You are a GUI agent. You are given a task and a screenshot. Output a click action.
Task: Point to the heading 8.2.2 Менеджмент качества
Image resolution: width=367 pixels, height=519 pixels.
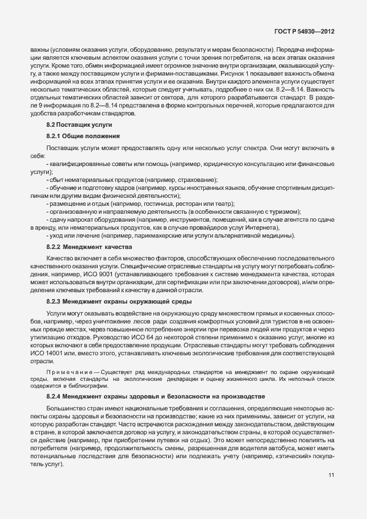click(x=89, y=247)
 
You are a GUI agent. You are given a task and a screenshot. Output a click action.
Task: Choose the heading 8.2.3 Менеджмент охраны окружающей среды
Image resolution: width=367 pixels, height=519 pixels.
click(x=119, y=301)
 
